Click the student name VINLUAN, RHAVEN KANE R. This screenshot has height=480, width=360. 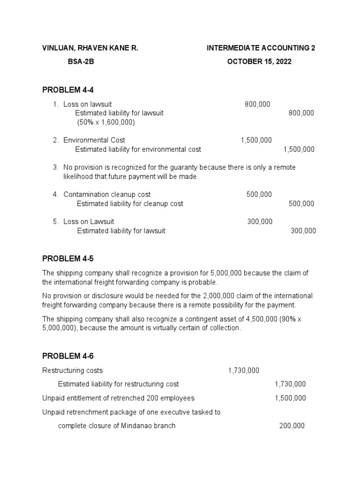[x=90, y=48]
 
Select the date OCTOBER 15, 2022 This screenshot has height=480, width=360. [x=259, y=62]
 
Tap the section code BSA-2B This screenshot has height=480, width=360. [x=81, y=62]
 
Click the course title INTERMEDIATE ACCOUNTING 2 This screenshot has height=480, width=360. [x=261, y=48]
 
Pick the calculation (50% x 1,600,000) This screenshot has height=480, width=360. [x=106, y=122]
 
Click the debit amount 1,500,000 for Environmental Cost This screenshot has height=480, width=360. [x=256, y=140]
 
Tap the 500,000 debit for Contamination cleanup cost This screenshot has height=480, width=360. [x=259, y=195]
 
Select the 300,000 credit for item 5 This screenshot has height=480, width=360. [x=303, y=231]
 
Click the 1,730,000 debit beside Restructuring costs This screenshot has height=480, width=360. [x=243, y=370]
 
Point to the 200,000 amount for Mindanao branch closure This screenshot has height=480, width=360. [x=292, y=426]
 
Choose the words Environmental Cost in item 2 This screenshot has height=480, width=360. [x=94, y=140]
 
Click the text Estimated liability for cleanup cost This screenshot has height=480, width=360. [x=130, y=204]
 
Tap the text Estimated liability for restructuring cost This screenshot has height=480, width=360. [x=118, y=384]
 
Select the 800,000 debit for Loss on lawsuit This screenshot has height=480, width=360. [x=257, y=104]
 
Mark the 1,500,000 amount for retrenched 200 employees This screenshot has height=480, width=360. [x=290, y=398]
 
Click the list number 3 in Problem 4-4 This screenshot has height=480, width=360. [x=55, y=167]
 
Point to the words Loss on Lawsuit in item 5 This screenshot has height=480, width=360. [x=89, y=222]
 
